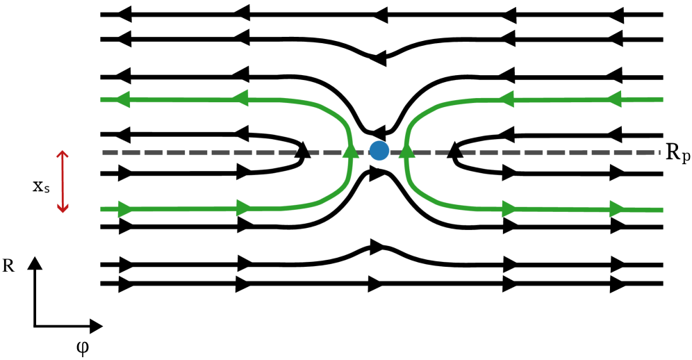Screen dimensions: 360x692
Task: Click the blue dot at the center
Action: click(x=379, y=150)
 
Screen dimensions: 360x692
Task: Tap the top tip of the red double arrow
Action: click(x=63, y=152)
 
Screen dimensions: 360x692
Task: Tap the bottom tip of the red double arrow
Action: click(x=63, y=212)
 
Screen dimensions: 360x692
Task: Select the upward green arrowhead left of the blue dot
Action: click(x=351, y=150)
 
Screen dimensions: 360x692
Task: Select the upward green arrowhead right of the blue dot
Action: click(x=407, y=150)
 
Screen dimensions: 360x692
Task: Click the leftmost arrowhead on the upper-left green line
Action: click(x=122, y=99)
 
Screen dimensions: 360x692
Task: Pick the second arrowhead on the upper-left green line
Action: click(x=240, y=98)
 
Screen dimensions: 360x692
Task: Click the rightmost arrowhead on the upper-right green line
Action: click(x=613, y=99)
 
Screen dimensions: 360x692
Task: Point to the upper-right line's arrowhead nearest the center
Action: click(x=506, y=99)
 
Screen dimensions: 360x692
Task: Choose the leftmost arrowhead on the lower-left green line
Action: click(x=126, y=208)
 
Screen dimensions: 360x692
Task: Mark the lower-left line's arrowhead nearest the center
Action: click(x=244, y=208)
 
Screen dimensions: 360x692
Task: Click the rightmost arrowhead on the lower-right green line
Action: click(x=617, y=208)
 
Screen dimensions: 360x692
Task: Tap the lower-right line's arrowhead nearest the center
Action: click(x=510, y=208)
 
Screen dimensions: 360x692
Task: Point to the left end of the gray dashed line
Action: click(x=103, y=152)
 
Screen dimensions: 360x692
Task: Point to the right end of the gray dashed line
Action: click(x=659, y=152)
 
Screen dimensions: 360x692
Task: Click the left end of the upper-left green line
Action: click(x=101, y=100)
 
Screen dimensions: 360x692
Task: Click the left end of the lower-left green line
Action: click(x=101, y=209)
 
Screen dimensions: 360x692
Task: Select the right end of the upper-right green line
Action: click(x=662, y=99)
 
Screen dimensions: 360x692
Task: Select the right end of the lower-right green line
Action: click(x=662, y=209)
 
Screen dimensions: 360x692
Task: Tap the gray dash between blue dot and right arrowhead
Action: click(x=393, y=152)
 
